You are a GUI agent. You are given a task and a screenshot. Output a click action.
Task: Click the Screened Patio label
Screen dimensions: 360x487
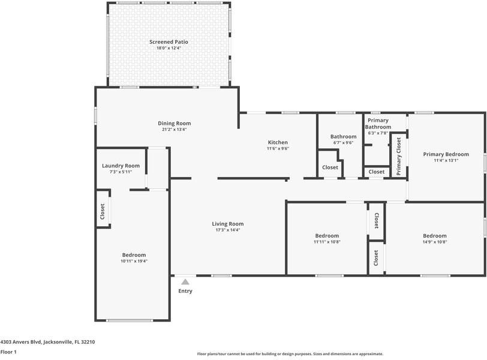[169, 41]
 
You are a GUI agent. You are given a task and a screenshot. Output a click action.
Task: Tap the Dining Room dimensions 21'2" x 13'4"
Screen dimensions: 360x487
[175, 130]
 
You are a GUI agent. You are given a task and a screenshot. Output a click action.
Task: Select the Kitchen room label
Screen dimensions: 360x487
[278, 142]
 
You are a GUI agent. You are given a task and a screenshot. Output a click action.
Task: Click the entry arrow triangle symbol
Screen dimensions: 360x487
[185, 281]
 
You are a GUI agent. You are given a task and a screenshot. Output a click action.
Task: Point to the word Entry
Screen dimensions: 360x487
[185, 291]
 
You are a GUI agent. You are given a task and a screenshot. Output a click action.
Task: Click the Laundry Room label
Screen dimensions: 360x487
[121, 166]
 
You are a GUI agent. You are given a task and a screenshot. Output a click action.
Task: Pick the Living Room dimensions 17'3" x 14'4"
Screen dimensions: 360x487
[227, 230]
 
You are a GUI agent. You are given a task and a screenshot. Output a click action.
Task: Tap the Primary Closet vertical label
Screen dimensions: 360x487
[398, 157]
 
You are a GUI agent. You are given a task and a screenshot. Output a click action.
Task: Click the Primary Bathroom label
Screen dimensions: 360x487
[378, 124]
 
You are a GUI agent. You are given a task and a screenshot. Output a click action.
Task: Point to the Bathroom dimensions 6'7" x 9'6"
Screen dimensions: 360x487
[343, 143]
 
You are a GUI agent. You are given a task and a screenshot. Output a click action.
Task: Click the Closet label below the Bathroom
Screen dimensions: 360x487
[330, 167]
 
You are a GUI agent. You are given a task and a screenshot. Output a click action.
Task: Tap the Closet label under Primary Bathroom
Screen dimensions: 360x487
[377, 172]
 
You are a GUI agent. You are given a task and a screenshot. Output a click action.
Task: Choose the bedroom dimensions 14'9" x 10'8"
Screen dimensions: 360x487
[434, 242]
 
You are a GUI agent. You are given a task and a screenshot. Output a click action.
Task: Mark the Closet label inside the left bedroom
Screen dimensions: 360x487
[103, 211]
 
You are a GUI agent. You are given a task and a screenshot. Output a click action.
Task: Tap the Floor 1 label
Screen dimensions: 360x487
[8, 352]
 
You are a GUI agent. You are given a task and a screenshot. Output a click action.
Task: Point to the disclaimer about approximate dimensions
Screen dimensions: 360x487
[290, 354]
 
